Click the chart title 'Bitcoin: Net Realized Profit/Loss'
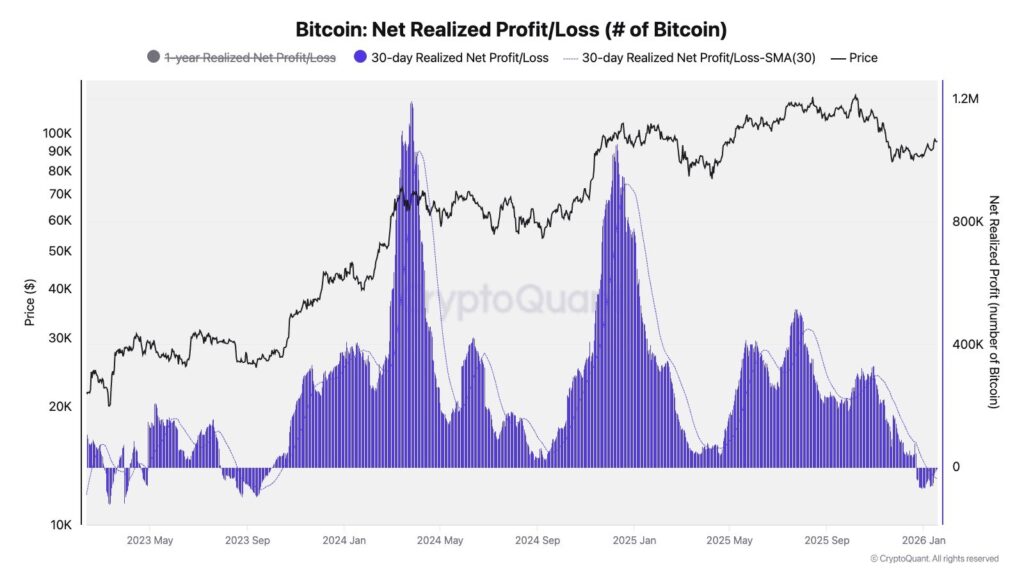511,29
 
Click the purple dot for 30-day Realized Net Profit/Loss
360,58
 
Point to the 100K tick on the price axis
56,133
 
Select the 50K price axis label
59,251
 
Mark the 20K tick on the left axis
59,407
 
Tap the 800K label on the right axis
968,222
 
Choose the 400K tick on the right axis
968,345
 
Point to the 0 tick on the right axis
956,467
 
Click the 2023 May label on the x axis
150,541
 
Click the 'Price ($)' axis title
30,303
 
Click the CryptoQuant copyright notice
934,559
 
